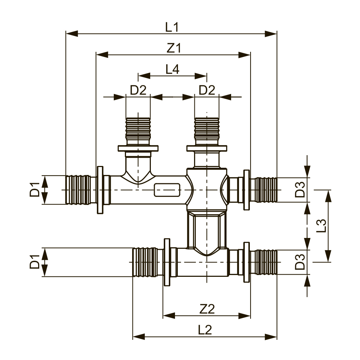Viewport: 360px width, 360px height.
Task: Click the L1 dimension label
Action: [172, 27]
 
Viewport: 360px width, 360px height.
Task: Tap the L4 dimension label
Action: [172, 69]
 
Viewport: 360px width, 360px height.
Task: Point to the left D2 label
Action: [138, 90]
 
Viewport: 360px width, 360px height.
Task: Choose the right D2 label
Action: [207, 90]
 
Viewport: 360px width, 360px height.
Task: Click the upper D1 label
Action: [35, 190]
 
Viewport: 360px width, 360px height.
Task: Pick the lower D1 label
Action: [35, 262]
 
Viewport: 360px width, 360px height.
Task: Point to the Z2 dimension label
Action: [207, 309]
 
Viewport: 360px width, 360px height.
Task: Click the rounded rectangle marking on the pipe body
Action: [167, 190]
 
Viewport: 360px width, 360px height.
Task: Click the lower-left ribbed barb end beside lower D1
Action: [145, 262]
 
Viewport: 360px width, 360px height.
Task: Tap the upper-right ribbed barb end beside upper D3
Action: [264, 190]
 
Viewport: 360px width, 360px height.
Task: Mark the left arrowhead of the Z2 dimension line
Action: [169, 315]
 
